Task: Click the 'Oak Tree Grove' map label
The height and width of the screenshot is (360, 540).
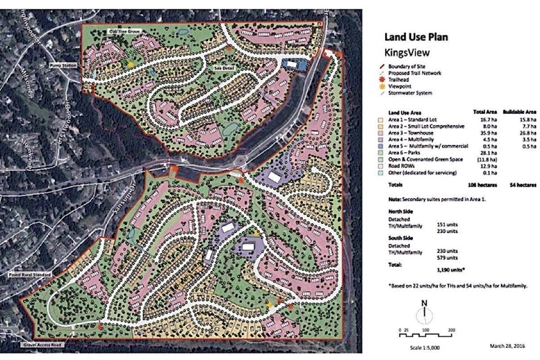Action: [x=123, y=32]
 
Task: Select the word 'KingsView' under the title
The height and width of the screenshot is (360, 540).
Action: [x=404, y=54]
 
